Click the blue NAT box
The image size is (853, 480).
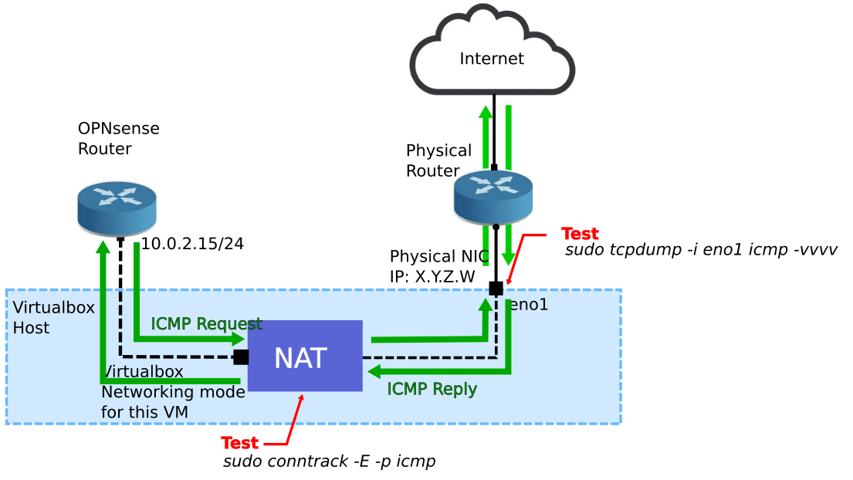pos(305,356)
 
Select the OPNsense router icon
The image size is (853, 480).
pos(117,207)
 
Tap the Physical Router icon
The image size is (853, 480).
pos(493,196)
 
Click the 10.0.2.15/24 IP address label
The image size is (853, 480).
pos(192,244)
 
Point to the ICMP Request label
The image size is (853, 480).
pos(206,323)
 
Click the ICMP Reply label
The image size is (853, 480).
pos(432,389)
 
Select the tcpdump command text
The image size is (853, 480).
pos(701,250)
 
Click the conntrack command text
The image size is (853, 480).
pos(330,461)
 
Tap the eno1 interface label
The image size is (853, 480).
pos(529,305)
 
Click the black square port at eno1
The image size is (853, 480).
pos(496,289)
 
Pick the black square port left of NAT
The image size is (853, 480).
pos(241,357)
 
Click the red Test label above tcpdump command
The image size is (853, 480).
pos(580,233)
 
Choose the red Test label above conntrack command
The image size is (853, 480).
pos(239,443)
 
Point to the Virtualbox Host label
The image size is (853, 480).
pos(53,317)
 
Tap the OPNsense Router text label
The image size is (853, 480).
pos(118,138)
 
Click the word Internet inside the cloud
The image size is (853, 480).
pos(492,59)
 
